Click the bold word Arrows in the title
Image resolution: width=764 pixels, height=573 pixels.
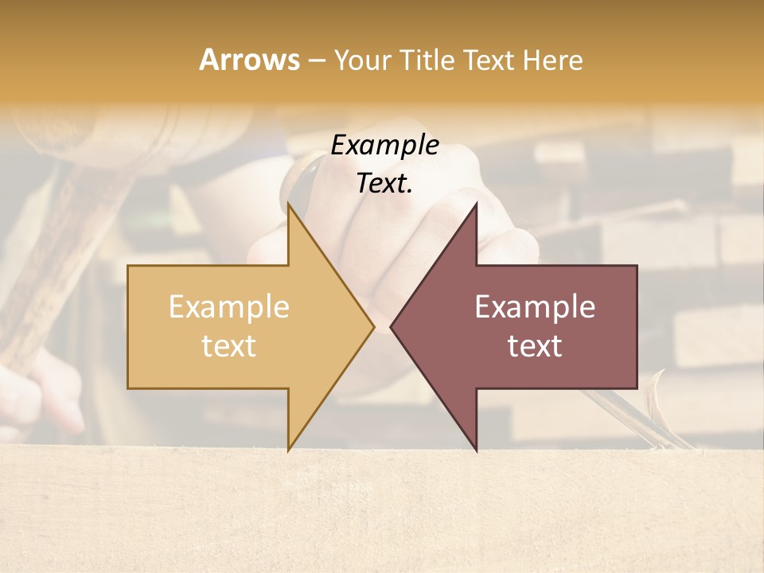coord(249,59)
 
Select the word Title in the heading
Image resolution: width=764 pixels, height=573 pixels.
coord(428,60)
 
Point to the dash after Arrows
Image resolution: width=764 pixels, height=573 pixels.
coord(316,60)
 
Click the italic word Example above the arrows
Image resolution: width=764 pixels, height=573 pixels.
coord(384,146)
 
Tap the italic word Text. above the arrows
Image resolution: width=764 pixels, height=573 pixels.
coord(384,184)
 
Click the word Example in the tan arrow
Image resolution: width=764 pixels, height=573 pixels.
coord(229,307)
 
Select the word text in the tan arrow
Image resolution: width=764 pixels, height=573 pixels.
coord(229,346)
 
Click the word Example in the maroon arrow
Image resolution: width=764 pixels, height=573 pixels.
coord(535,307)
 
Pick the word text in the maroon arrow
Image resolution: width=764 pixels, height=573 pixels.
coord(535,346)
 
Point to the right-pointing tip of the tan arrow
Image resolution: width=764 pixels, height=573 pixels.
coord(373,326)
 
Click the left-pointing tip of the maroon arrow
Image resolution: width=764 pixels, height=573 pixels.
coord(391,326)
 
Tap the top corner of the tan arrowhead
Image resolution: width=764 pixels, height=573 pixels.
coord(289,205)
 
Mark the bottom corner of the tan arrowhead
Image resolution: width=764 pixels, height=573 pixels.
coord(289,450)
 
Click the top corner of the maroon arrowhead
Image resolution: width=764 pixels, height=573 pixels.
coord(476,205)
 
